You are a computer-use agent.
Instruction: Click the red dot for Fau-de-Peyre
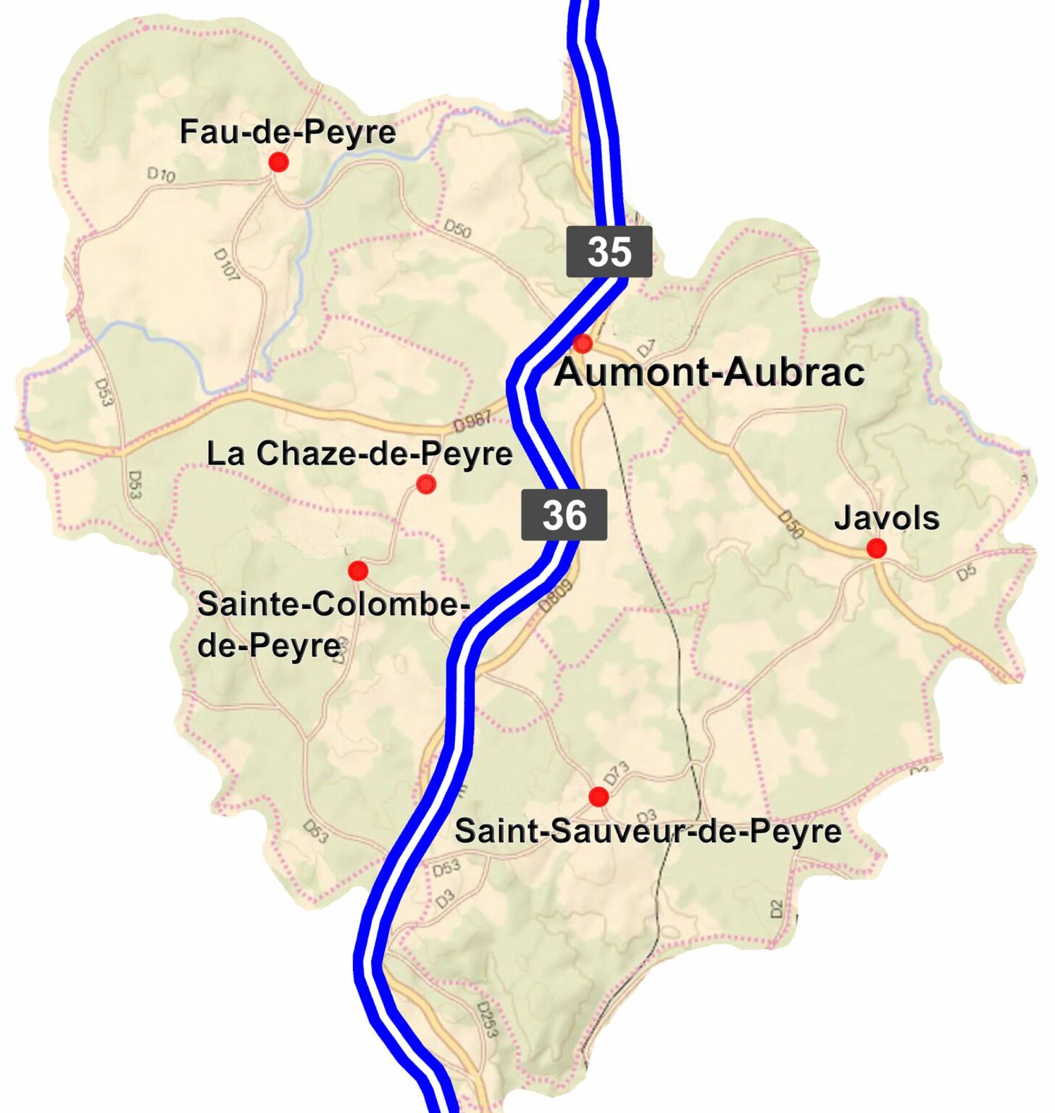pos(278,162)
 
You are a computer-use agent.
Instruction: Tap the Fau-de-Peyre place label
pos(288,132)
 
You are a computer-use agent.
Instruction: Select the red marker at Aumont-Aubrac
pos(583,343)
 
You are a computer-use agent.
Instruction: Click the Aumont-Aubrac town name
pos(709,372)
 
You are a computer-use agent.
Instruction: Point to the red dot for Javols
pos(876,549)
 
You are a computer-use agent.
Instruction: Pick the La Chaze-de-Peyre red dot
pos(426,484)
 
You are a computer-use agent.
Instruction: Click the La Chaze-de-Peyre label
pos(359,454)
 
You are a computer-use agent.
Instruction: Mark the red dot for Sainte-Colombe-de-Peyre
pos(358,571)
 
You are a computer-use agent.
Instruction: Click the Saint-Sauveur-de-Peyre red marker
pos(598,797)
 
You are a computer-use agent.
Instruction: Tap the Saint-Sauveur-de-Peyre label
pos(648,831)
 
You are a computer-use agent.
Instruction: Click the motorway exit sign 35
pos(609,251)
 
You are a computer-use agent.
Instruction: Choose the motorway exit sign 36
pos(564,515)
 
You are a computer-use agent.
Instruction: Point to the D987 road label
pos(472,420)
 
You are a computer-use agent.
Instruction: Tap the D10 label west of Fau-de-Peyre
pos(161,175)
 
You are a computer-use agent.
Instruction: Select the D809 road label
pos(556,597)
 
